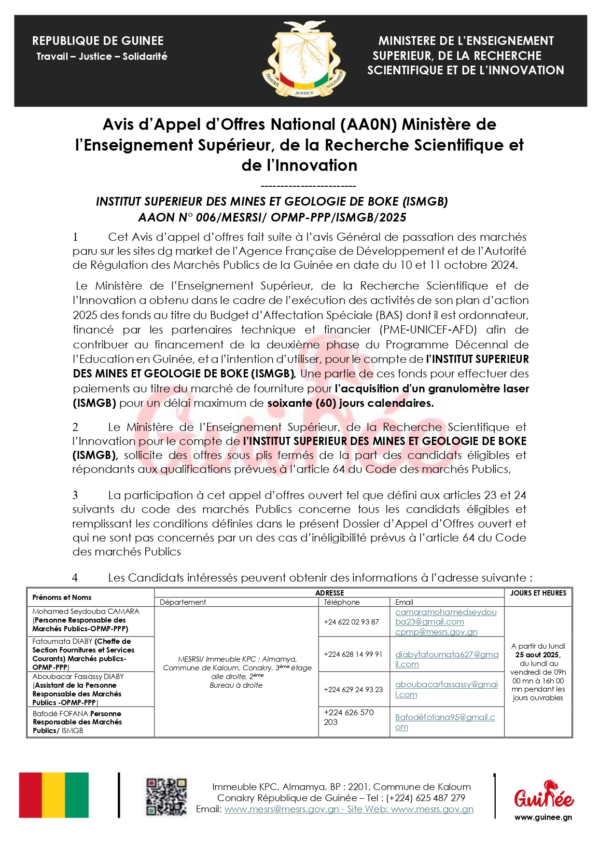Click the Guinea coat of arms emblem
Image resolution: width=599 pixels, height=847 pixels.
tap(304, 60)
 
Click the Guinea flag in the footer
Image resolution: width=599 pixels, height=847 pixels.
tap(54, 795)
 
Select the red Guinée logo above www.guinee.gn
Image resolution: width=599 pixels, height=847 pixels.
tap(543, 795)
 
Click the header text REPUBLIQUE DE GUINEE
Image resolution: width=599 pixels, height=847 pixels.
tap(98, 41)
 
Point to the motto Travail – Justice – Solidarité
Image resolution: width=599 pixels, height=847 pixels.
tap(102, 56)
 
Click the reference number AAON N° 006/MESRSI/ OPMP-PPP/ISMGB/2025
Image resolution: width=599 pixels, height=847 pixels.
tap(272, 218)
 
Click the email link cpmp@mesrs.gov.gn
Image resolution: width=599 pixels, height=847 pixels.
tap(436, 632)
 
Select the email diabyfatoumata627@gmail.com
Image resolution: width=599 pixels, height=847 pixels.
tap(446, 659)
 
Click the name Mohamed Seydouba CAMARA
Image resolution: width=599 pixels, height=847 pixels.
tap(85, 611)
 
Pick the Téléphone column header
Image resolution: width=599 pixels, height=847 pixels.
tap(342, 602)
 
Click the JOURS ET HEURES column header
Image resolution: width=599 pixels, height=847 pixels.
tap(538, 593)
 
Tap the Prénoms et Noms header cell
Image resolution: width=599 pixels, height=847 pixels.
tap(62, 597)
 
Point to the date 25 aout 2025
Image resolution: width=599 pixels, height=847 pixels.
tap(538, 655)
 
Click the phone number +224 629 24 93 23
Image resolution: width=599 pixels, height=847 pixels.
tap(353, 689)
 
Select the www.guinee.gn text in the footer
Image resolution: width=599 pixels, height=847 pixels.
tap(543, 817)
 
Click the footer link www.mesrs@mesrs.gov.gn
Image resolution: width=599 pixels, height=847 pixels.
tap(281, 809)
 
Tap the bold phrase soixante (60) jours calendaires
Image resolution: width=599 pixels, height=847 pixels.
tap(350, 403)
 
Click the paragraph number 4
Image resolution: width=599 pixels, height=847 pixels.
tap(75, 578)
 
